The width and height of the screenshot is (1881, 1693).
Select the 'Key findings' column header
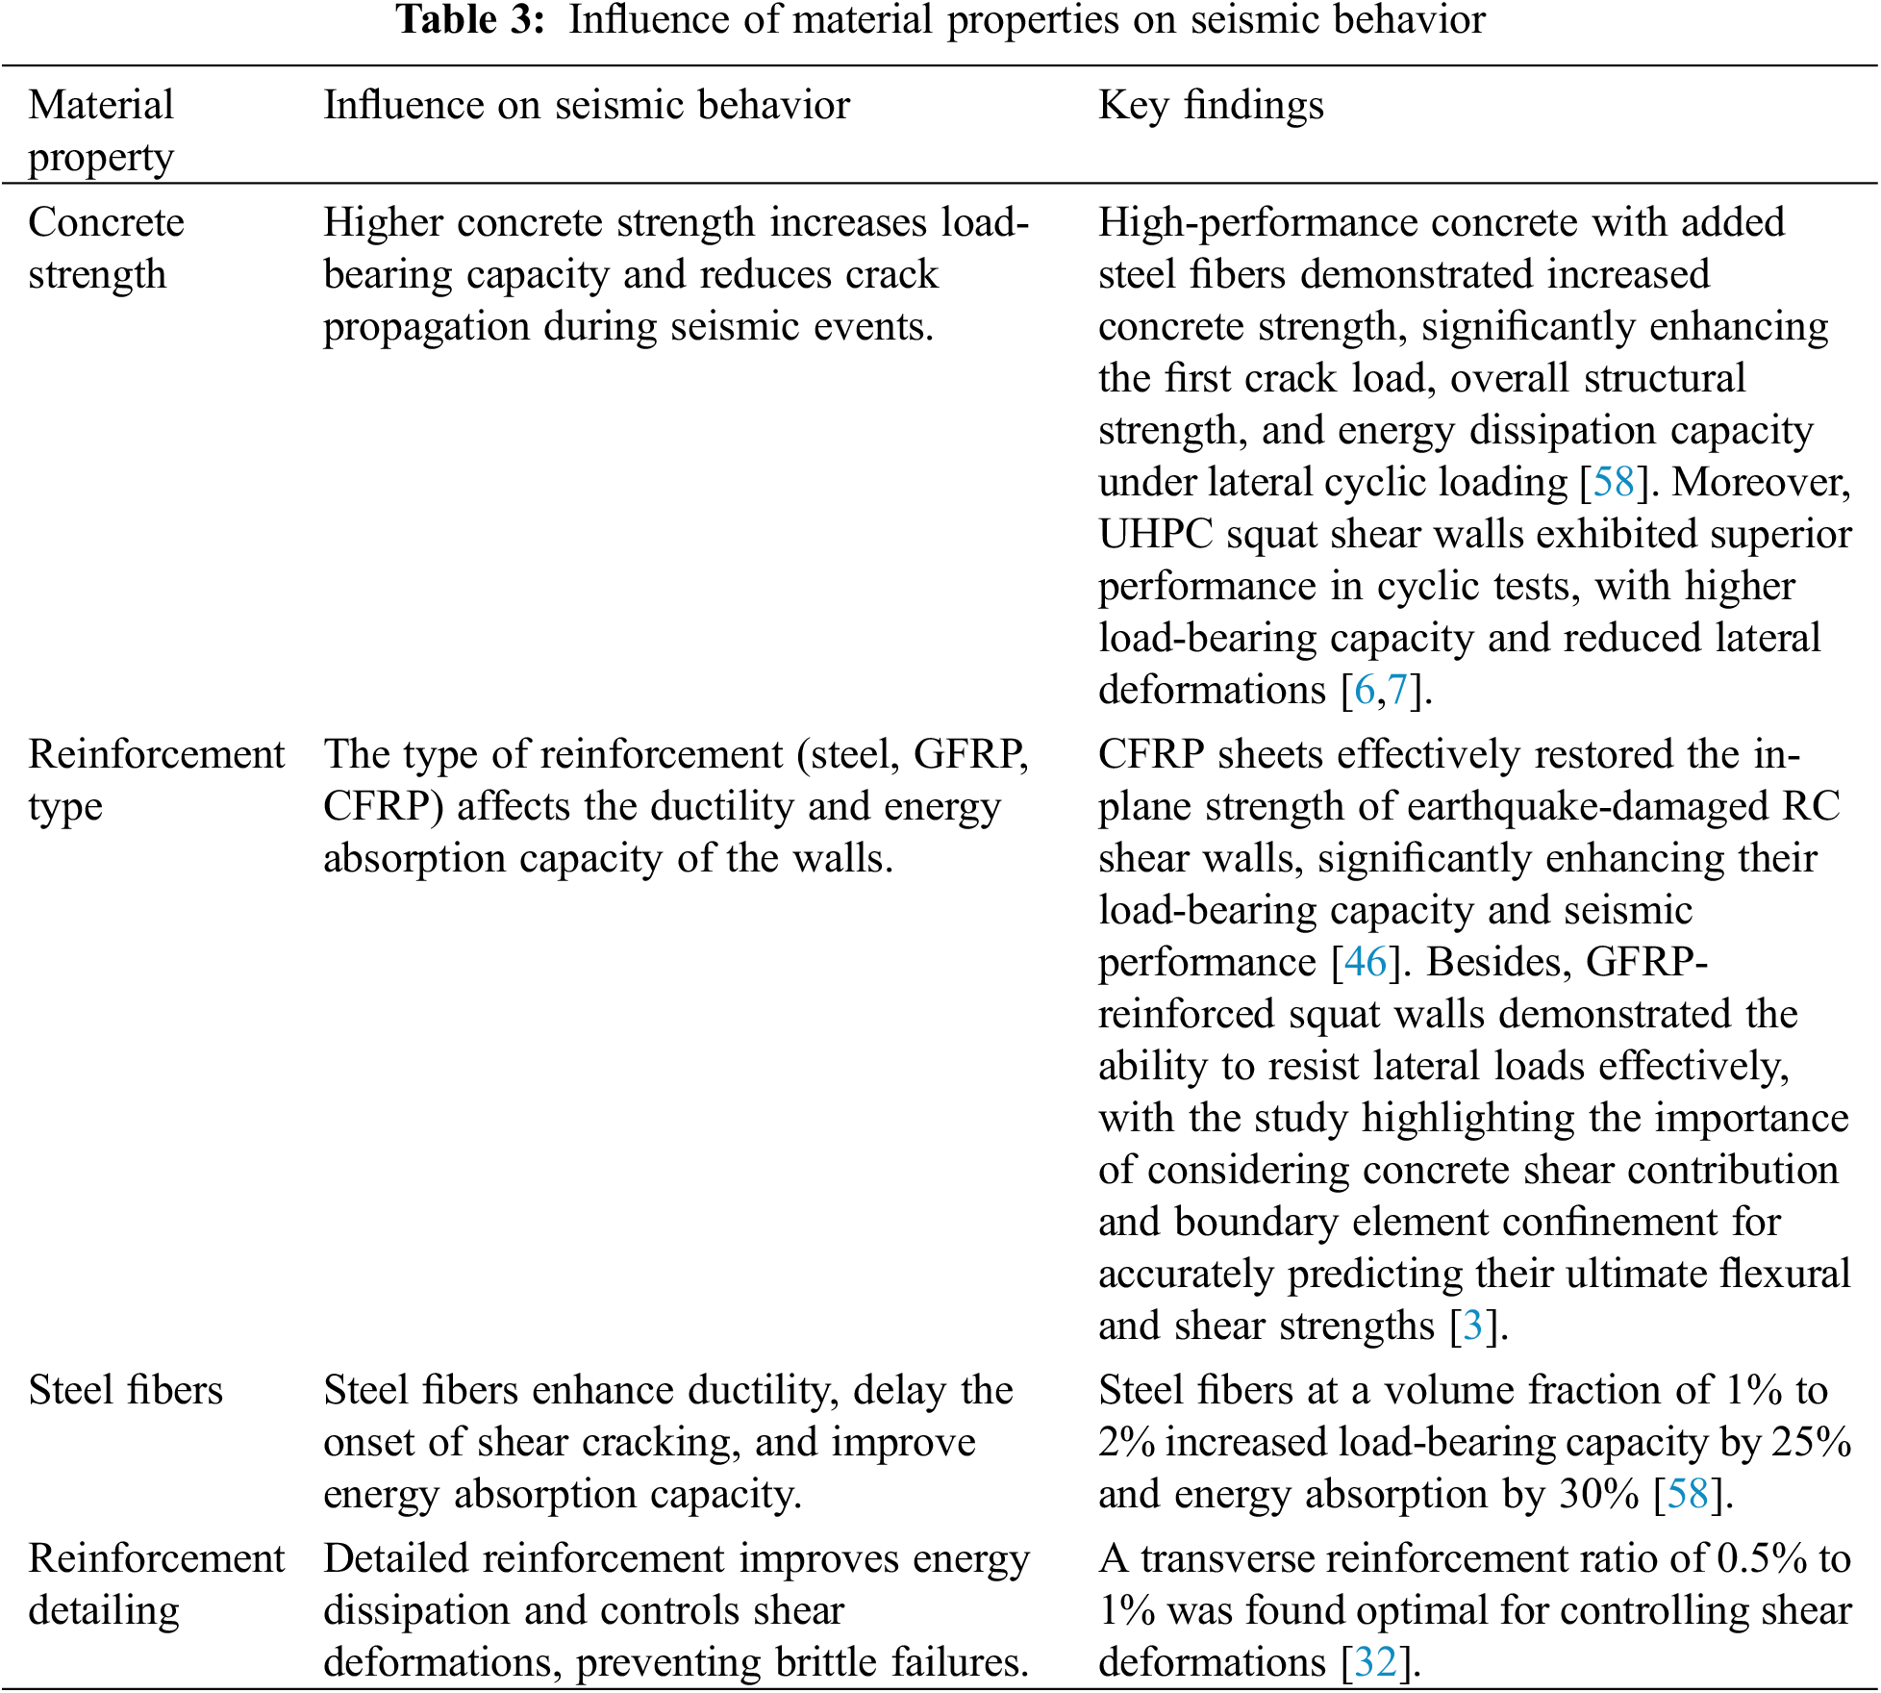[x=1211, y=105]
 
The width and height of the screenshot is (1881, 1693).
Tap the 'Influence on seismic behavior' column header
[x=587, y=105]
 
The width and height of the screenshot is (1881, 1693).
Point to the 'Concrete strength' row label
[x=106, y=248]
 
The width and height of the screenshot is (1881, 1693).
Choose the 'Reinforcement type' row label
[x=156, y=780]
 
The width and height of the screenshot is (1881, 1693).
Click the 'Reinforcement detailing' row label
[x=156, y=1584]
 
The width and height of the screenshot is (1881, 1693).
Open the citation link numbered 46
[x=1366, y=962]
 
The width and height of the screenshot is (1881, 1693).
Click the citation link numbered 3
[x=1472, y=1326]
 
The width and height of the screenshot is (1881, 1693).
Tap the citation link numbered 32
[x=1375, y=1662]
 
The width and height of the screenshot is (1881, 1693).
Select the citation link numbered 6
[x=1364, y=690]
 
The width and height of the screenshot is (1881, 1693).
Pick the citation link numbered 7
[x=1397, y=690]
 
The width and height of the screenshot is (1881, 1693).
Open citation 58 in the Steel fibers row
[x=1688, y=1494]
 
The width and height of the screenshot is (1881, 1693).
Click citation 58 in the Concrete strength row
[x=1614, y=482]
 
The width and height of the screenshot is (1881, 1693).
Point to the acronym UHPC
[x=1156, y=534]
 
